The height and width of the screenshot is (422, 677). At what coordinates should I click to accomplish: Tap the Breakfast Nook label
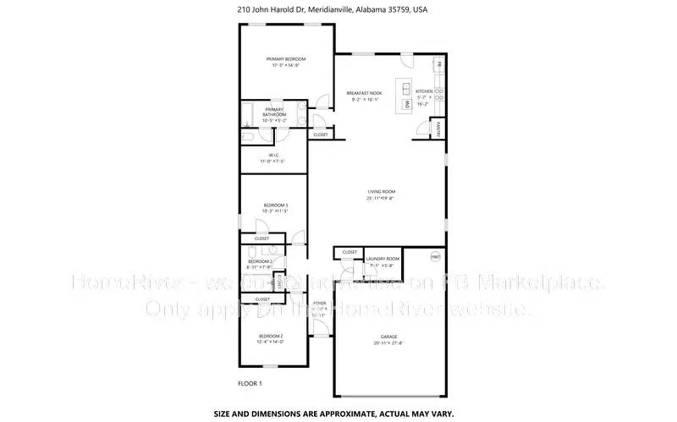click(364, 92)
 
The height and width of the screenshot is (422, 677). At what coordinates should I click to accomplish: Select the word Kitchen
click(424, 91)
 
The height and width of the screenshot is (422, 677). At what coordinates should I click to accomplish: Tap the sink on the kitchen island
click(407, 89)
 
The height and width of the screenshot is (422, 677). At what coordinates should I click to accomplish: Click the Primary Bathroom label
click(274, 112)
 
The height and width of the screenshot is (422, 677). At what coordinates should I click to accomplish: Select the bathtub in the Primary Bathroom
click(246, 112)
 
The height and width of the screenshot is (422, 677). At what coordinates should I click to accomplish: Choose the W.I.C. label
click(274, 155)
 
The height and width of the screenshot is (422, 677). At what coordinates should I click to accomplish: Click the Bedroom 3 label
click(276, 206)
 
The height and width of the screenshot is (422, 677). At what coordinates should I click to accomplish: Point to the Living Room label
click(381, 192)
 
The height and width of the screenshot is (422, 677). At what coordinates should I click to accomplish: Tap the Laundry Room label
click(382, 259)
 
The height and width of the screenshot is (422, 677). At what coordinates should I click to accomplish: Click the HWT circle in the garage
click(436, 255)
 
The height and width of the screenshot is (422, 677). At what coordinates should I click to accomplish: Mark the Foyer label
click(320, 303)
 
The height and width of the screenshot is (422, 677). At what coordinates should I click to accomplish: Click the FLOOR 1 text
click(250, 383)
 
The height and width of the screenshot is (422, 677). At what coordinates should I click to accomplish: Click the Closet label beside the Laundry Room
click(349, 253)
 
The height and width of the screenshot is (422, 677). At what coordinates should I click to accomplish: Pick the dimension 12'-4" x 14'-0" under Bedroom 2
click(271, 342)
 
